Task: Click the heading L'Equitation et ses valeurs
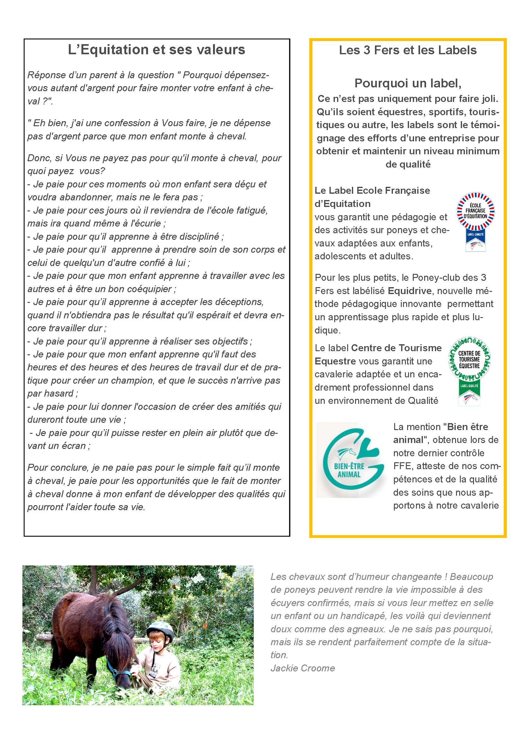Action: (x=157, y=50)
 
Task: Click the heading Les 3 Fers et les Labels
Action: (x=407, y=50)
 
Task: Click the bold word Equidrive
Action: (x=410, y=291)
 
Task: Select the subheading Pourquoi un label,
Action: (x=407, y=83)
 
